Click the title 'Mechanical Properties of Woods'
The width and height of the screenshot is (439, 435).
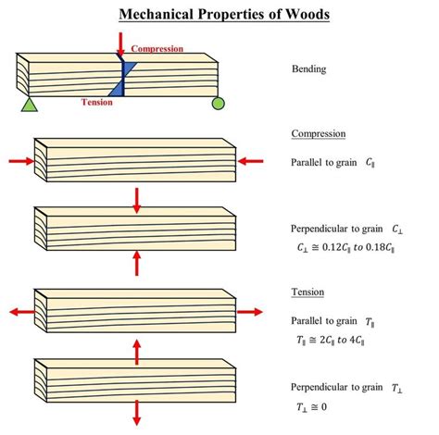pos(219,15)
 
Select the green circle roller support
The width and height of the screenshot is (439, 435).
pos(218,103)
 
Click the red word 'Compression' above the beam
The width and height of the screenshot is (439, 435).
pos(159,48)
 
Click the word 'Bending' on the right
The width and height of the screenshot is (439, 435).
pos(308,69)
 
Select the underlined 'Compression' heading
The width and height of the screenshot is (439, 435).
pos(318,133)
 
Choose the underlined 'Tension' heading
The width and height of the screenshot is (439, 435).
pos(307,292)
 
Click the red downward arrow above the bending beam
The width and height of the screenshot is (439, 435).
pos(120,43)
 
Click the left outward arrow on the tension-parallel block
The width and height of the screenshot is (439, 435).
pos(16,312)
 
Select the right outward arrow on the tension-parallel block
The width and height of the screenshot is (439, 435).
pos(253,312)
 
